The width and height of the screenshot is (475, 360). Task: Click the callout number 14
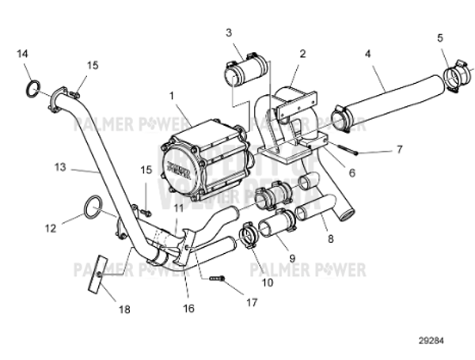[x=23, y=53]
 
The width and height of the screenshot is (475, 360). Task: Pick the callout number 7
[x=400, y=148]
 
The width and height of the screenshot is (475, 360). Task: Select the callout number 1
[x=171, y=95]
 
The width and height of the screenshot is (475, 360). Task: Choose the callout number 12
[x=51, y=229]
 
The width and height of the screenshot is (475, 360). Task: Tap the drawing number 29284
[x=432, y=342]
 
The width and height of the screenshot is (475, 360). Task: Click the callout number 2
[x=302, y=53]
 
